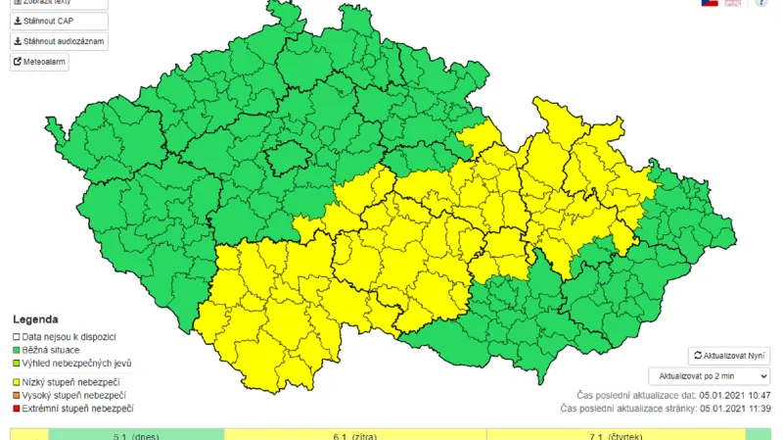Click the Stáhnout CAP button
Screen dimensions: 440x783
click(x=46, y=19)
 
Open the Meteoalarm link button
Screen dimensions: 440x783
click(x=39, y=61)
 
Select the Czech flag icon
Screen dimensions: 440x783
click(x=710, y=3)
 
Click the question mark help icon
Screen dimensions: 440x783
click(x=761, y=3)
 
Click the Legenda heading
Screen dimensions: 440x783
click(x=35, y=319)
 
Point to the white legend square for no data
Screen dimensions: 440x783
click(x=17, y=336)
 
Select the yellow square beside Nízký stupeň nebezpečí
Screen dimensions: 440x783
click(x=17, y=381)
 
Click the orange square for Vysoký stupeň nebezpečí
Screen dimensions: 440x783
click(x=17, y=395)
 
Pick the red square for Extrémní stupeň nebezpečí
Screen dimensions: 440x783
click(x=17, y=408)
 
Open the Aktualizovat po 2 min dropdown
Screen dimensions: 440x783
click(x=709, y=376)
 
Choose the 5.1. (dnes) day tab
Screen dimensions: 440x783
click(x=136, y=435)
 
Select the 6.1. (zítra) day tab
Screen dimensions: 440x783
click(x=355, y=435)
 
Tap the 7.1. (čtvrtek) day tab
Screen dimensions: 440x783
click(x=615, y=435)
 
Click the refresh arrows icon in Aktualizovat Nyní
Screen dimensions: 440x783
click(x=698, y=356)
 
